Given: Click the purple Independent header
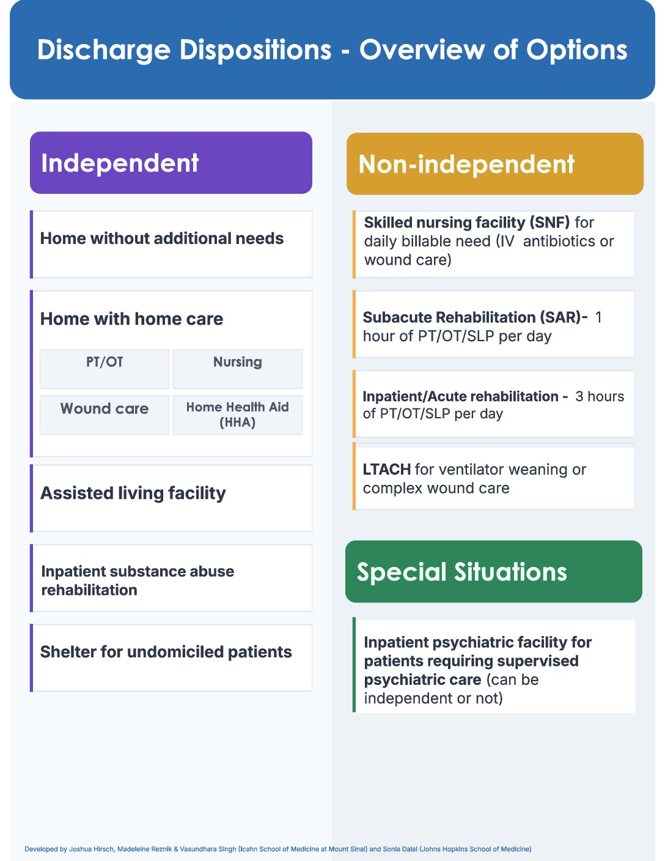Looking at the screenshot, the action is pyautogui.click(x=171, y=163).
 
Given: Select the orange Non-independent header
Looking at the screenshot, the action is pyautogui.click(x=494, y=164).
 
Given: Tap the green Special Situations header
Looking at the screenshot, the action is pyautogui.click(x=493, y=571).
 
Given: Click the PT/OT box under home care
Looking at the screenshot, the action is pyautogui.click(x=105, y=369).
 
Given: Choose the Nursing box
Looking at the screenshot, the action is pyautogui.click(x=238, y=369).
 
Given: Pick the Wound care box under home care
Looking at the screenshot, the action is pyautogui.click(x=105, y=415).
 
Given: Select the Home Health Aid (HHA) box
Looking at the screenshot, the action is pyautogui.click(x=238, y=415).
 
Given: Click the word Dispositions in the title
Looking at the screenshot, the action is pyautogui.click(x=255, y=50).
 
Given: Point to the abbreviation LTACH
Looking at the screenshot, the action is pyautogui.click(x=386, y=470).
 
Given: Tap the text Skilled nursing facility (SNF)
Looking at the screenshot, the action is pyautogui.click(x=466, y=223).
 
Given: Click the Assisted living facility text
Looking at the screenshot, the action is pyautogui.click(x=133, y=493).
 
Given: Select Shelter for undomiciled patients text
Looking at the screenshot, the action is pyautogui.click(x=166, y=652).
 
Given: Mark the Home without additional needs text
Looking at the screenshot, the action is pyautogui.click(x=162, y=238).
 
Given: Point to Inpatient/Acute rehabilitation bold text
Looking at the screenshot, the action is pyautogui.click(x=461, y=396).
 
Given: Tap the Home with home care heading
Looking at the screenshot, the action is pyautogui.click(x=132, y=319).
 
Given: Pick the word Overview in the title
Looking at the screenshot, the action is pyautogui.click(x=422, y=50).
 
